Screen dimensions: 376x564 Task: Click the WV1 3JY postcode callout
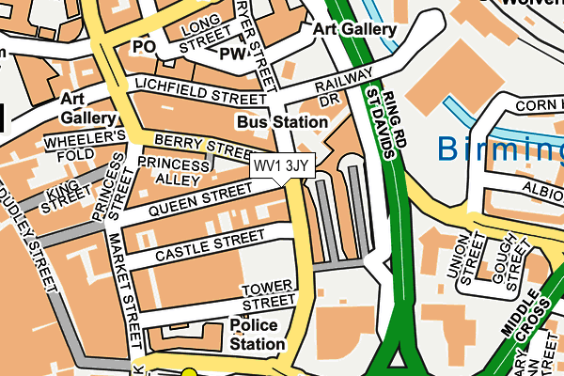(282, 165)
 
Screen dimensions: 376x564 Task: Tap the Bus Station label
(282, 122)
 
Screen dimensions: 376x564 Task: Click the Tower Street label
(268, 296)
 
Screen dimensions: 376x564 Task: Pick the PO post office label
(142, 46)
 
